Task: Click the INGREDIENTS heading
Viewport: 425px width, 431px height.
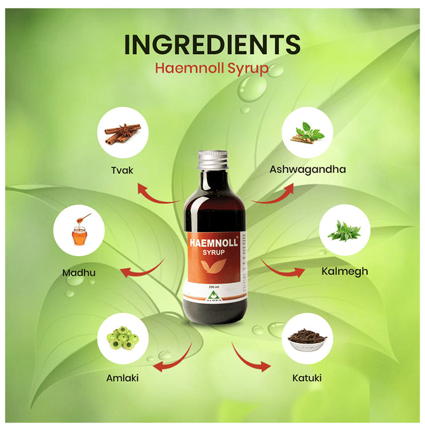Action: coord(212,44)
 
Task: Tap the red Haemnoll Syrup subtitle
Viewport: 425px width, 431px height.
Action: coord(212,68)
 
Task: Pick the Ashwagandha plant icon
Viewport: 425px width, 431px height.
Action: coord(307,132)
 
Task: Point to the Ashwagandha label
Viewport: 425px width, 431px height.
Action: coord(308,169)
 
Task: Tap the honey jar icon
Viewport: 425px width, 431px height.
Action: coord(79,231)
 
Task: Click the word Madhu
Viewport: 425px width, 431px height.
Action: coord(79,272)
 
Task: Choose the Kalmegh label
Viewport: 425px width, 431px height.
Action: coord(345,271)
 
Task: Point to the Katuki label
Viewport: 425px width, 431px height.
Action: coord(308,377)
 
